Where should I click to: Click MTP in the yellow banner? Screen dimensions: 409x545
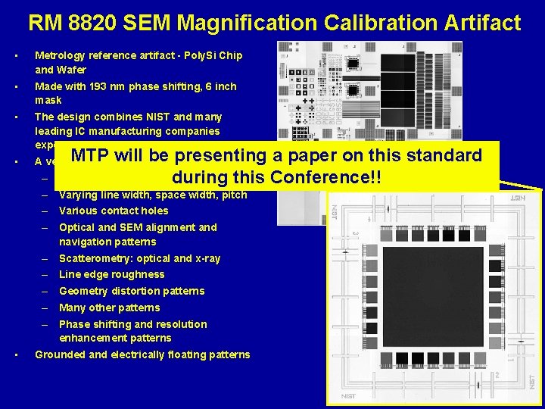pos(91,156)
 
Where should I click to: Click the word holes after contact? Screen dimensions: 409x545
pos(153,211)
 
